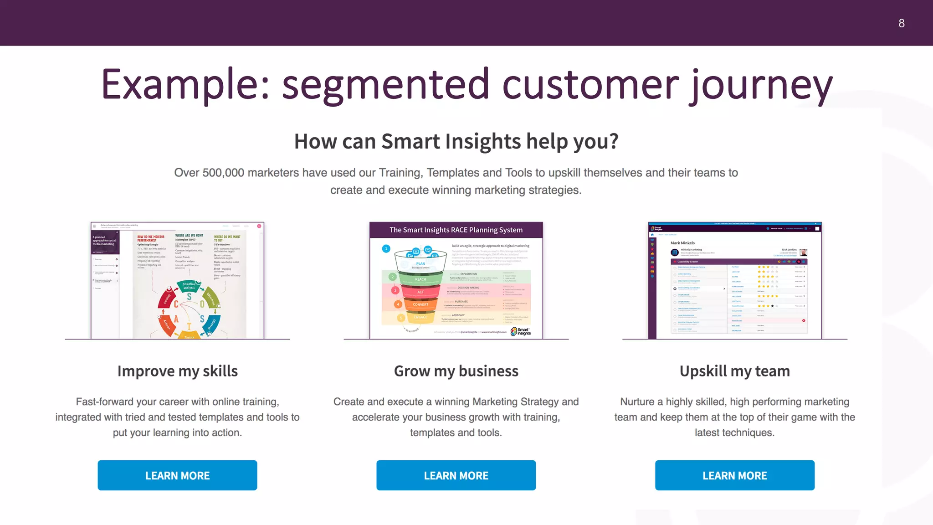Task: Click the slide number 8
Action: click(901, 23)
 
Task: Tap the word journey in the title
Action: click(760, 85)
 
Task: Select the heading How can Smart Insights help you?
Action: click(456, 141)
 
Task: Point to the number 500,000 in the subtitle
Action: click(223, 173)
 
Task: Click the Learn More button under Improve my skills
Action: click(177, 475)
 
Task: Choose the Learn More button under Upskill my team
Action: click(734, 475)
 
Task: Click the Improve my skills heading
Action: click(177, 371)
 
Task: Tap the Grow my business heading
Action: click(456, 371)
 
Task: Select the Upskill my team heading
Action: click(734, 371)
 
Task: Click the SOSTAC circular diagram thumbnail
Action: click(189, 310)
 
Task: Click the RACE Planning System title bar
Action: click(456, 230)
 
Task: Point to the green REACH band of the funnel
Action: click(420, 278)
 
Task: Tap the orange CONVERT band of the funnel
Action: click(420, 304)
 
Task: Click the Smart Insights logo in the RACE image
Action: click(521, 331)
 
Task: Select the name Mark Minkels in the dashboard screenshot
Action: click(682, 243)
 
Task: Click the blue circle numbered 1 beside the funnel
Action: click(386, 248)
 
